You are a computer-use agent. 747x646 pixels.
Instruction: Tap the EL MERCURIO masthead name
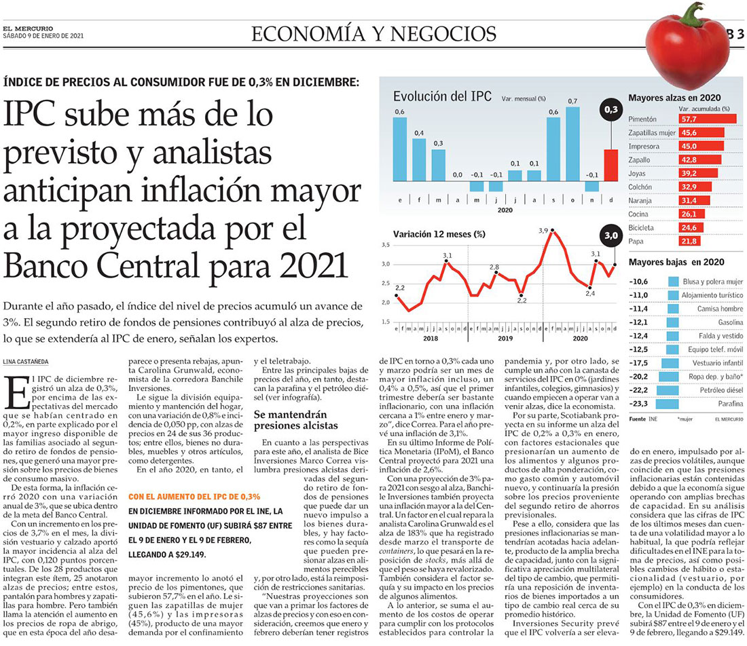[24, 28]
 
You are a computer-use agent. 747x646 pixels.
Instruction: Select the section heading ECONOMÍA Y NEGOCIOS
[373, 33]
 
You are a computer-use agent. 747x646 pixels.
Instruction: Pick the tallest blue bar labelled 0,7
[572, 149]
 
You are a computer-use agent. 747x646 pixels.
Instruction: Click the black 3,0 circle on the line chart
[611, 236]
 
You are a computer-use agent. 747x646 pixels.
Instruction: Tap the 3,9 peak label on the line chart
[543, 231]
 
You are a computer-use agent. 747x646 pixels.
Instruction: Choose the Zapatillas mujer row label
[652, 132]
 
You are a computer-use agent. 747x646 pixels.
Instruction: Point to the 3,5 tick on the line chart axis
[386, 244]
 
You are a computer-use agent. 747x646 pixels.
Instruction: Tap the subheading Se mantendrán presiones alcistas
[290, 419]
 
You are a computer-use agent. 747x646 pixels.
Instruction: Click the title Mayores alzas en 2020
[674, 97]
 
